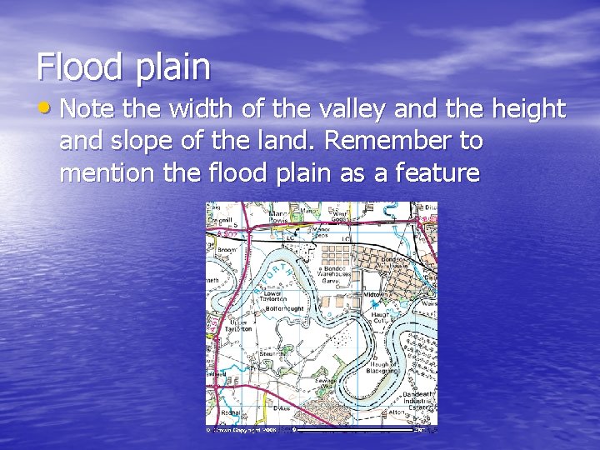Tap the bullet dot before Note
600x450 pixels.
click(x=44, y=108)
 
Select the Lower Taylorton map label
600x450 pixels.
click(x=273, y=297)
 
